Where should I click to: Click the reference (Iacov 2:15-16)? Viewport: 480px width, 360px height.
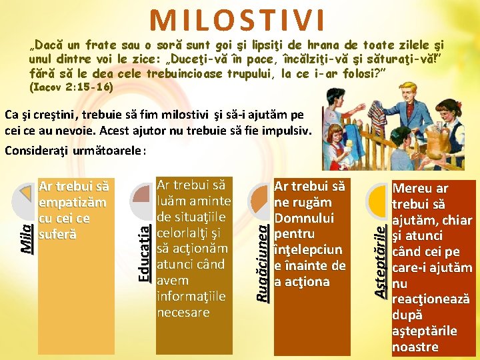(71, 87)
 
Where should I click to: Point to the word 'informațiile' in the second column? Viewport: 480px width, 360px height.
(183, 296)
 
